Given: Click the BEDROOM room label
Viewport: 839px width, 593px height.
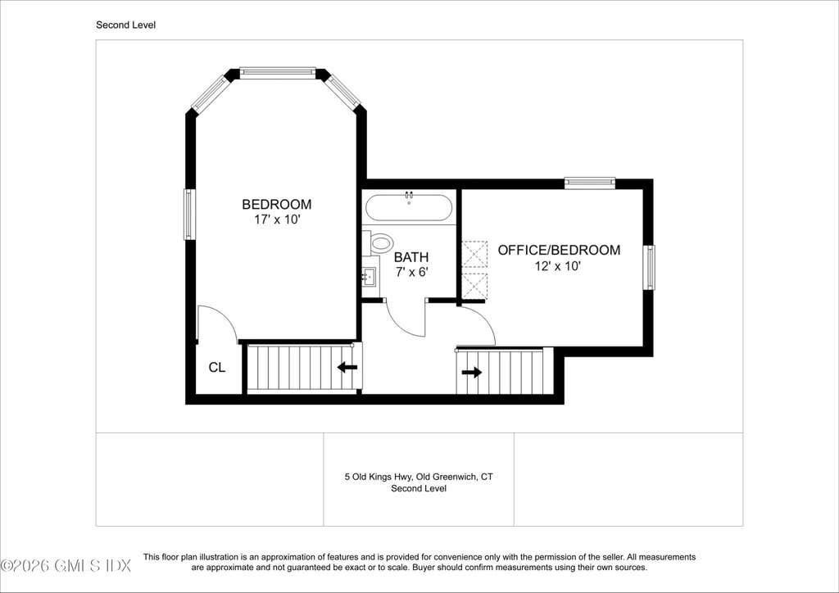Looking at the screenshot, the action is (277, 204).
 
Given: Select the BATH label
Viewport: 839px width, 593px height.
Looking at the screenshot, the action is (411, 257).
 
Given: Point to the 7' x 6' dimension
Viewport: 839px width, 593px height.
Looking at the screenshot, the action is (412, 272).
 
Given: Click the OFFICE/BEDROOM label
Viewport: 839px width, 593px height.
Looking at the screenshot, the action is (559, 250).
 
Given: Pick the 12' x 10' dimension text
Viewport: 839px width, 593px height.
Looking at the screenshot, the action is (558, 265).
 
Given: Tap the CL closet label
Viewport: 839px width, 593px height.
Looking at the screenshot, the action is (216, 368).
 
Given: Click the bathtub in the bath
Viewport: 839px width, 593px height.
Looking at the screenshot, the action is (409, 207).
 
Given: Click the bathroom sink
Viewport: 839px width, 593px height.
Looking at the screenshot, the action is (370, 277).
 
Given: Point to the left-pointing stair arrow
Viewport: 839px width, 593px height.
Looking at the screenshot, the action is (347, 368).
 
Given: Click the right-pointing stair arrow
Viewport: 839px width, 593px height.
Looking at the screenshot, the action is (471, 372).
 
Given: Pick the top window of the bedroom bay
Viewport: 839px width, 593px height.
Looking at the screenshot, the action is (278, 73).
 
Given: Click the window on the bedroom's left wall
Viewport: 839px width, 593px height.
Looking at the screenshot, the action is (189, 214).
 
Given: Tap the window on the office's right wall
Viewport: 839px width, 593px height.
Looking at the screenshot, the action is (649, 267).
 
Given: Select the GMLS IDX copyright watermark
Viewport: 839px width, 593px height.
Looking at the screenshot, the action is (66, 565).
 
